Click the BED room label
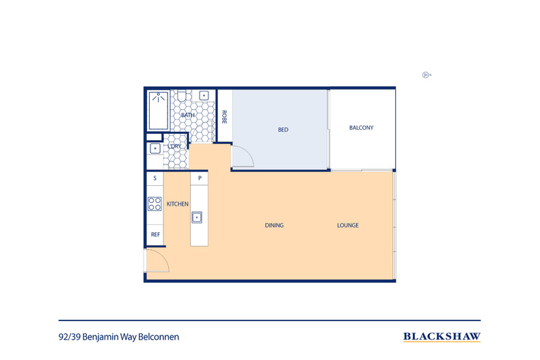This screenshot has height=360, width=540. (x=282, y=129)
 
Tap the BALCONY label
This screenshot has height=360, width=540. (x=361, y=128)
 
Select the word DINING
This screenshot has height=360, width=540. (x=274, y=225)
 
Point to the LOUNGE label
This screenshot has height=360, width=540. (x=347, y=225)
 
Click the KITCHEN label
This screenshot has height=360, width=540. (x=178, y=204)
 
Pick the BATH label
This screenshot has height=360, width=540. (x=188, y=115)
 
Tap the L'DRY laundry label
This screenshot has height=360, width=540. (x=174, y=146)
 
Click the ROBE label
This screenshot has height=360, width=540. (x=224, y=117)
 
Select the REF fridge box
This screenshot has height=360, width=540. (x=155, y=235)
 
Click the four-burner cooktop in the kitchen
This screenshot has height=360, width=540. (x=154, y=204)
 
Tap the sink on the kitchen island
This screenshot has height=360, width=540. (x=198, y=217)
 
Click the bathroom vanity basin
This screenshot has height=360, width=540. (x=204, y=95)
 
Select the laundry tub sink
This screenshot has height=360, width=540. (x=154, y=148)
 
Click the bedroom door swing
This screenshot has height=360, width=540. (x=242, y=157)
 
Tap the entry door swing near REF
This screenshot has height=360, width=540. (x=155, y=261)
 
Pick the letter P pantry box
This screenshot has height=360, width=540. (x=199, y=178)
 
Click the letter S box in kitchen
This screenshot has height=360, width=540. (x=155, y=178)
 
